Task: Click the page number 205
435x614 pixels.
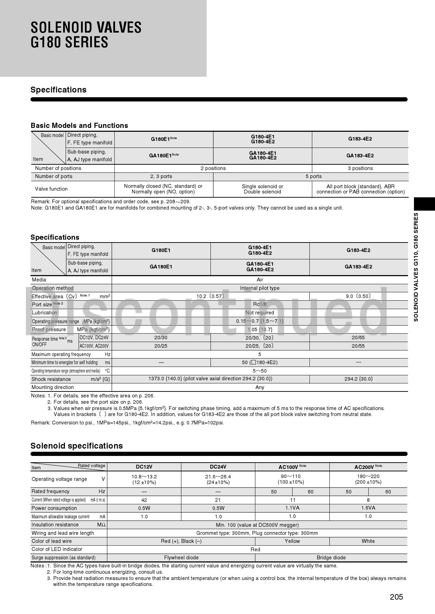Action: pyautogui.click(x=396, y=597)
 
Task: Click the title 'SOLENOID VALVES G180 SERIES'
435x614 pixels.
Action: pyautogui.click(x=86, y=35)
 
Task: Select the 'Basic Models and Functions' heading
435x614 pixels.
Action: pyautogui.click(x=79, y=125)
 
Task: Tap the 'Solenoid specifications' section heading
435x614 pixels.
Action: pyautogui.click(x=76, y=446)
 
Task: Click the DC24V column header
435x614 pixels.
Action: pyautogui.click(x=218, y=467)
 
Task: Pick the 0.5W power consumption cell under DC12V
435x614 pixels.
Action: pyautogui.click(x=144, y=508)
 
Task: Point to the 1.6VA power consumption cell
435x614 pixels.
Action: pyautogui.click(x=368, y=508)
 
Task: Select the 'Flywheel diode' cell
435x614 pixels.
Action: pyautogui.click(x=181, y=558)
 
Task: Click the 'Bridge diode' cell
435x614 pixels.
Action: pyautogui.click(x=331, y=558)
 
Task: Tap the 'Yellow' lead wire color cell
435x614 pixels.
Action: pyautogui.click(x=292, y=541)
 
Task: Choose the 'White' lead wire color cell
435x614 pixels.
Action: pyautogui.click(x=368, y=541)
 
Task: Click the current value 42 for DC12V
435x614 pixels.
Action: pyautogui.click(x=144, y=500)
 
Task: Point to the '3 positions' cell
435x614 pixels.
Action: pyautogui.click(x=360, y=168)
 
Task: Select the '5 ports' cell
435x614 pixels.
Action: pyautogui.click(x=313, y=176)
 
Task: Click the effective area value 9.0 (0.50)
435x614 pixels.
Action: pyautogui.click(x=358, y=296)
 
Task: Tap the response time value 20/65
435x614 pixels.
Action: pyautogui.click(x=358, y=337)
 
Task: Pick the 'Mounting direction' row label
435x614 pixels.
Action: pyautogui.click(x=53, y=387)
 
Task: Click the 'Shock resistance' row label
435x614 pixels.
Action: pyautogui.click(x=51, y=379)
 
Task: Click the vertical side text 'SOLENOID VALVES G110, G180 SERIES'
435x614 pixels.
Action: pyautogui.click(x=416, y=267)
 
